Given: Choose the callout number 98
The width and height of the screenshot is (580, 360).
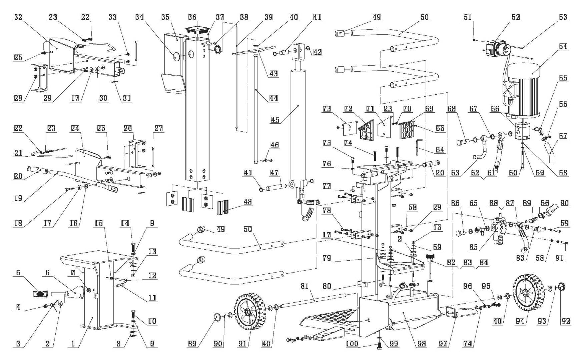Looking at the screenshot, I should tap(422, 344).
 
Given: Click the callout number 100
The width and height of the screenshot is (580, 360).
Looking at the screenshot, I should tap(352, 344).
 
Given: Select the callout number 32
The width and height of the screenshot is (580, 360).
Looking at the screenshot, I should tap(18, 17).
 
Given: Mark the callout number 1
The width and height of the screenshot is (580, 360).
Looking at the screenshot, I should tap(73, 344).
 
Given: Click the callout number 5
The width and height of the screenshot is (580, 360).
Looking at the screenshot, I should tap(18, 273).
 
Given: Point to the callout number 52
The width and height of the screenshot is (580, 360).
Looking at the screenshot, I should tap(516, 17).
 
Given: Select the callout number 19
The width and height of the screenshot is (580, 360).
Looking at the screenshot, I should tap(18, 198).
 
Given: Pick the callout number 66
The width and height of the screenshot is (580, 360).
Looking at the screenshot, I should tap(495, 109).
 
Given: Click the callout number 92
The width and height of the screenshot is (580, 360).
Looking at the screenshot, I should tap(566, 321).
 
